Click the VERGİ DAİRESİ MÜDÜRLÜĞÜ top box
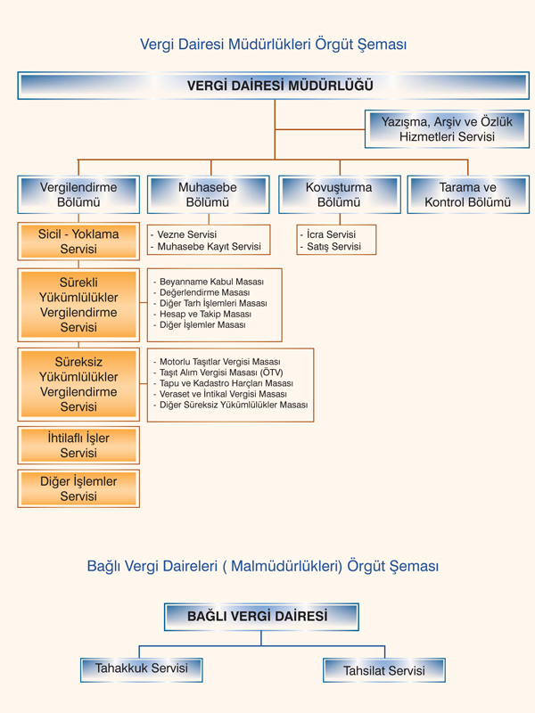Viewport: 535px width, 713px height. [x=274, y=86]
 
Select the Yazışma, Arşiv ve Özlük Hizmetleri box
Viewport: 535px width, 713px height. [x=447, y=129]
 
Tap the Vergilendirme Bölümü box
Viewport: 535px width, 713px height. [x=78, y=194]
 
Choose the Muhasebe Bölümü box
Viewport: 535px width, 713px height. [x=209, y=194]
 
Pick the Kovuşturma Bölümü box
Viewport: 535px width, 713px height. [x=340, y=194]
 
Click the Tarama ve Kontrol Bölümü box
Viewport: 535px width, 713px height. [x=468, y=194]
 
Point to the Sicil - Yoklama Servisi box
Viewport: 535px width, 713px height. [x=78, y=242]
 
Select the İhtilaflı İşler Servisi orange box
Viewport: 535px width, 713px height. [x=78, y=445]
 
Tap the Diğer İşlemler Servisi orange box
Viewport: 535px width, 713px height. [x=78, y=488]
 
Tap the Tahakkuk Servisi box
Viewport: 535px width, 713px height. [x=142, y=669]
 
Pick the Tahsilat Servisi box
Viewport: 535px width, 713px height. [x=384, y=670]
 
